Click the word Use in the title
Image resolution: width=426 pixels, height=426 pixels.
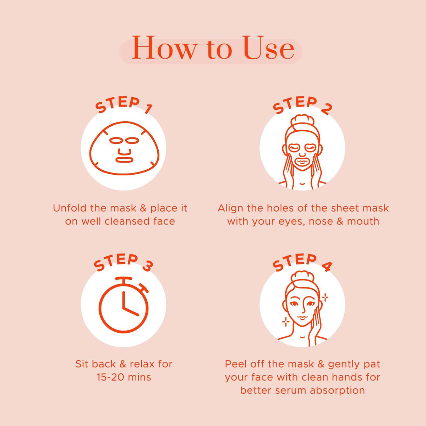click(269, 48)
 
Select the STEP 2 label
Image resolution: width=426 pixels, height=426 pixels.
click(302, 105)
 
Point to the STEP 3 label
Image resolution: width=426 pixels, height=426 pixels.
click(123, 263)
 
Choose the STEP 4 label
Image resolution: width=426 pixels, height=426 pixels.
click(302, 263)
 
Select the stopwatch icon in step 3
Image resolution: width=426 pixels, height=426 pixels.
click(124, 305)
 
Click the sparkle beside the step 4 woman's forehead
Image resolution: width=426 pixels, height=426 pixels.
click(325, 297)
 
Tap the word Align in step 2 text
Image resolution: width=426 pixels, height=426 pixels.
click(231, 209)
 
